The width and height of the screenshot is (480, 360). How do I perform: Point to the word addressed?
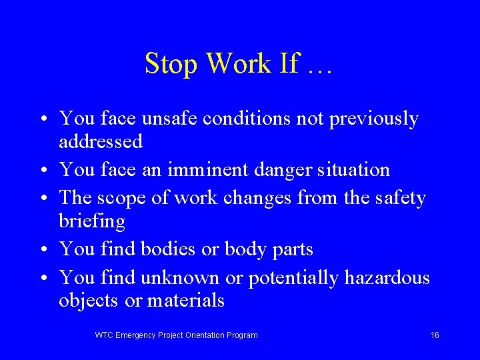pos(101,141)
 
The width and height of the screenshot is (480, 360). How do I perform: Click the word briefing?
pos(92,221)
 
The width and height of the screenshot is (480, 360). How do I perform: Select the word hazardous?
pos(387,277)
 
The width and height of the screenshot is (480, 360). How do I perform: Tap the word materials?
pos(186,300)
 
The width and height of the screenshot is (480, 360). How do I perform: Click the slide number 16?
pos(435,335)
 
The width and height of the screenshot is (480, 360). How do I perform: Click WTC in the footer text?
pos(104,335)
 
